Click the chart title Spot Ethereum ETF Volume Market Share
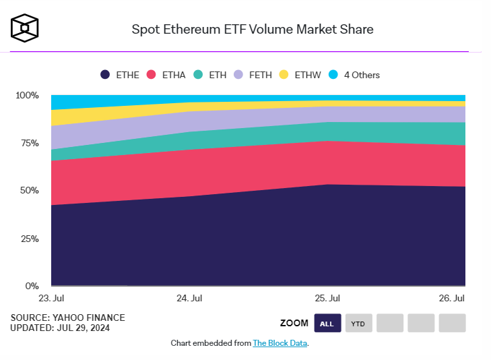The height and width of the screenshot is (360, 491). tap(252, 29)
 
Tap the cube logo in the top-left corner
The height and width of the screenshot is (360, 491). tap(25, 28)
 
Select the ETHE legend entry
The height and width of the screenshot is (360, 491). tap(119, 75)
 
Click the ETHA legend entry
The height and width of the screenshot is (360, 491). tap(166, 75)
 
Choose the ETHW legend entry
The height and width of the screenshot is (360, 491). tap(302, 75)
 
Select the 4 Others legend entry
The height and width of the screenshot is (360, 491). tap(354, 75)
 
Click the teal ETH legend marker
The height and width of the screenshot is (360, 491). tap(198, 75)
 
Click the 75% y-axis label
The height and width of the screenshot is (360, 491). tap(29, 143)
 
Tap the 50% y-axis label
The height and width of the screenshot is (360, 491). tap(29, 191)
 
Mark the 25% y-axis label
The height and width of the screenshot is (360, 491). tap(29, 239)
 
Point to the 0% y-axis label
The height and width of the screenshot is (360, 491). tap(32, 286)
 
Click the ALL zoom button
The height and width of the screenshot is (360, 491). tap(327, 324)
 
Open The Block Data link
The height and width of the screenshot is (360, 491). tap(280, 343)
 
